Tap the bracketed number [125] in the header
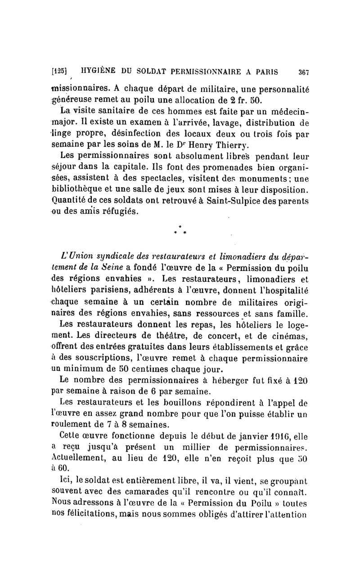[59, 71]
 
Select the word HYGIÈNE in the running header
[99, 71]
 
